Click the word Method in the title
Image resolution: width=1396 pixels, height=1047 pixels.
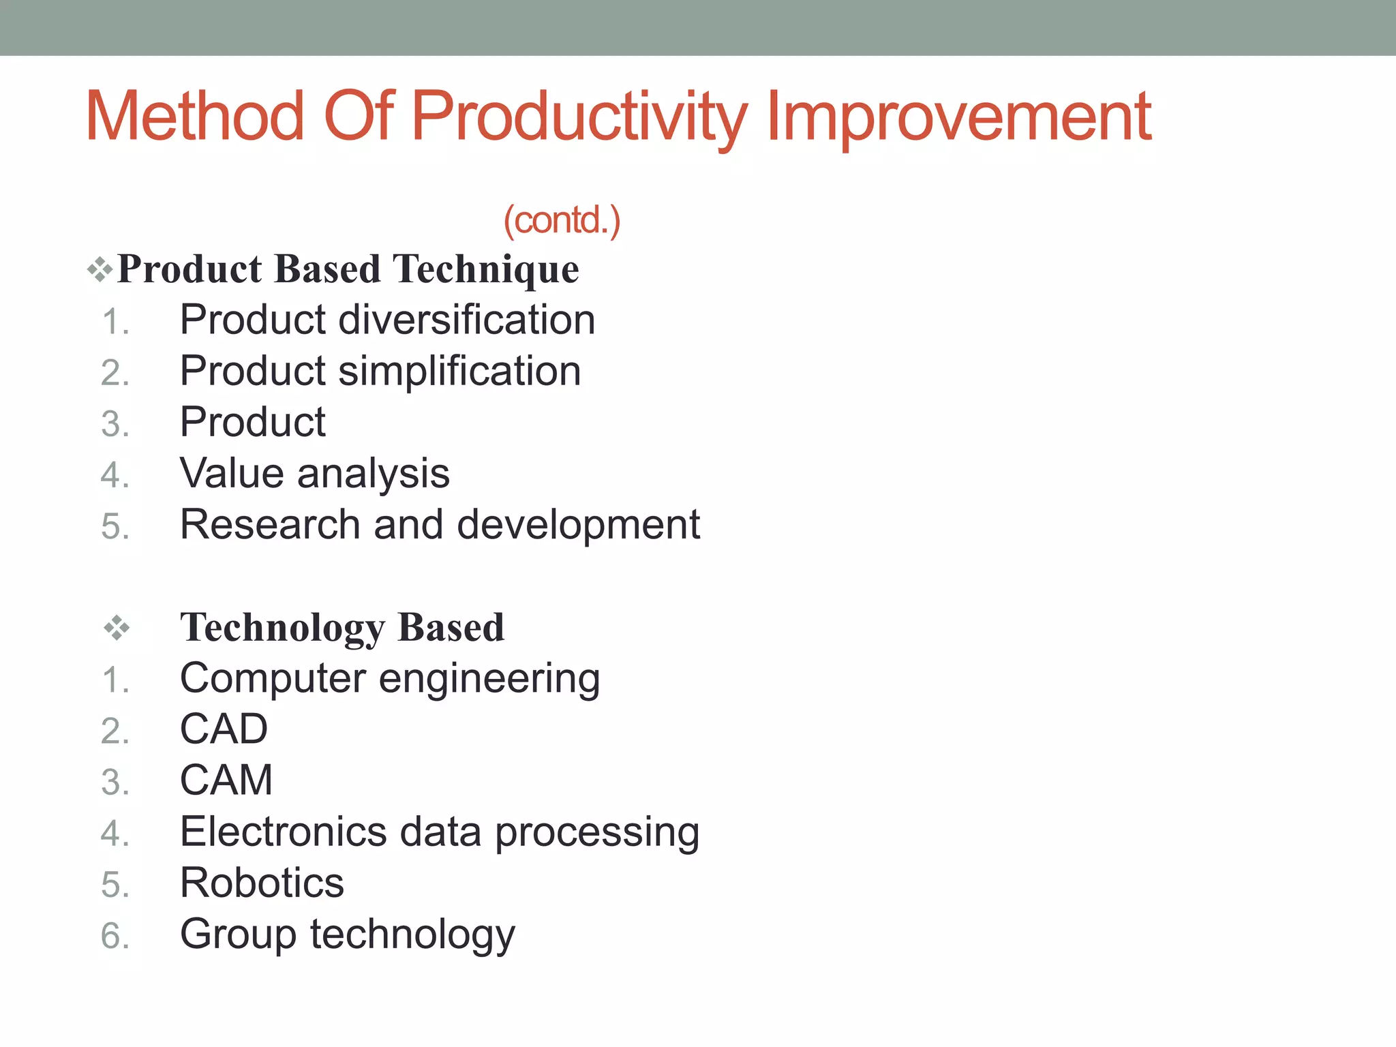(x=194, y=117)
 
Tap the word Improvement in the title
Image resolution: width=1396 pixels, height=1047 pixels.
(x=958, y=117)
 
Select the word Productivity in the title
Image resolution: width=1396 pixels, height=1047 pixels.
(x=579, y=117)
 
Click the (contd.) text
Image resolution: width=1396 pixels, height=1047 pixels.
(x=562, y=220)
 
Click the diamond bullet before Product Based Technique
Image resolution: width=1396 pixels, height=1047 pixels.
(x=100, y=269)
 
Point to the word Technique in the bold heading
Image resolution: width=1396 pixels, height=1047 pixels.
(x=486, y=269)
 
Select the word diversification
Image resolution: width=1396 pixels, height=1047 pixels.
(x=466, y=320)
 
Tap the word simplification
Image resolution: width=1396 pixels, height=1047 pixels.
(x=459, y=371)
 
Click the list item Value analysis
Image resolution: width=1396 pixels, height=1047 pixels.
(x=314, y=474)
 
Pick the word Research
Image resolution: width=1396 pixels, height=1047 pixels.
(x=270, y=525)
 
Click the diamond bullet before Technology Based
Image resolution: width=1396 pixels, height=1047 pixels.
(x=117, y=628)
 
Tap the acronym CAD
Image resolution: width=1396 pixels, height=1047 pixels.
(x=224, y=729)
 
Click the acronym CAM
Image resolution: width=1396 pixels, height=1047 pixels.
(x=226, y=780)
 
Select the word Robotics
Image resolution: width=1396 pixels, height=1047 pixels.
(x=262, y=883)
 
